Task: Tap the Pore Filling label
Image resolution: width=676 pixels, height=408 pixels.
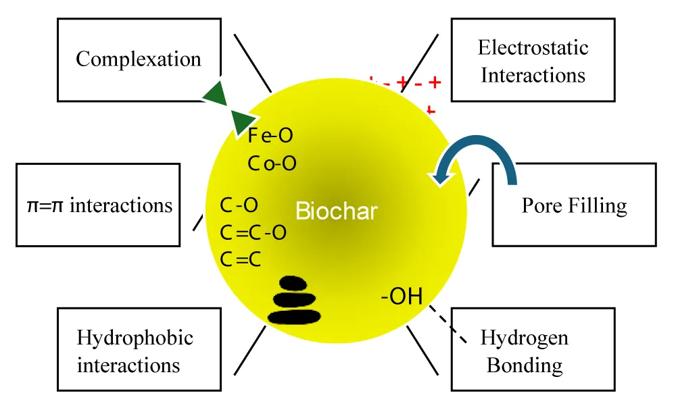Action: pyautogui.click(x=574, y=205)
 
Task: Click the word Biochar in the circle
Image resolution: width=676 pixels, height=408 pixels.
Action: pyautogui.click(x=336, y=211)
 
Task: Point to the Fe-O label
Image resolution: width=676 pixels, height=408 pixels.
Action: pyautogui.click(x=270, y=136)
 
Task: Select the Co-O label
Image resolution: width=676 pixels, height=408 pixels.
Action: pyautogui.click(x=272, y=163)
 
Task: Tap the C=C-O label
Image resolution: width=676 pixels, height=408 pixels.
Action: pyautogui.click(x=253, y=233)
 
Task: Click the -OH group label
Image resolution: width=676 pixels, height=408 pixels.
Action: pyautogui.click(x=402, y=297)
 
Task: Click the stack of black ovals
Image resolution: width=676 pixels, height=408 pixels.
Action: pyautogui.click(x=295, y=301)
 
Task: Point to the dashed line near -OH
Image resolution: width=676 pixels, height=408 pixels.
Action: pyautogui.click(x=448, y=324)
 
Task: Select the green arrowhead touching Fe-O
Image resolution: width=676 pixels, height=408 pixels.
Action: pyautogui.click(x=244, y=123)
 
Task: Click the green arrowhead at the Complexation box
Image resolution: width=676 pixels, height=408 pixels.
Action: pyautogui.click(x=217, y=93)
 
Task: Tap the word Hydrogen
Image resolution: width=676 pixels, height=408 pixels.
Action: pyautogui.click(x=525, y=338)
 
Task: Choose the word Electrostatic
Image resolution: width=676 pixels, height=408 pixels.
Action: pyautogui.click(x=533, y=47)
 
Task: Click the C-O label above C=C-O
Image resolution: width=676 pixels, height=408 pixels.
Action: pyautogui.click(x=239, y=205)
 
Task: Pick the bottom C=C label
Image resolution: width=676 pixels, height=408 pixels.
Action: pyautogui.click(x=241, y=260)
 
